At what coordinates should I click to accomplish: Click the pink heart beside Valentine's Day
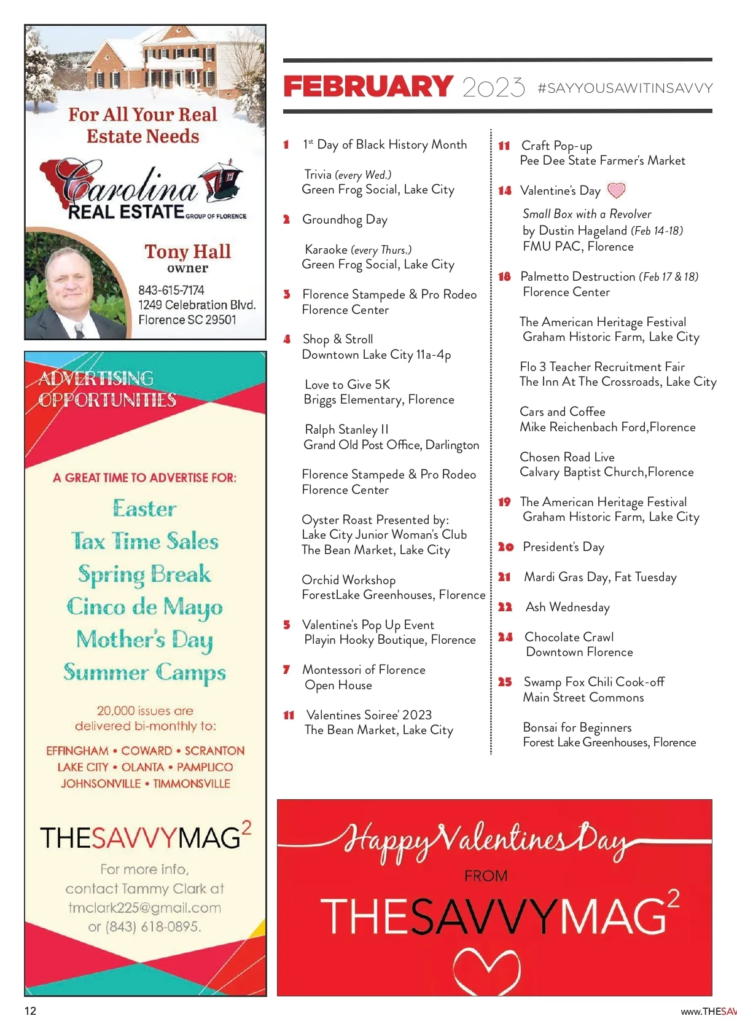616,190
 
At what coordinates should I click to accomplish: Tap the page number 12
31,1011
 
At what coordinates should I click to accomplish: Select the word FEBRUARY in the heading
368,87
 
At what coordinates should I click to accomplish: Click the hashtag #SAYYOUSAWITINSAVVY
625,88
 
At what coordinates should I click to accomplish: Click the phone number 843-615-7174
171,290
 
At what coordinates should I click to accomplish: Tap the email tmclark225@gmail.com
144,907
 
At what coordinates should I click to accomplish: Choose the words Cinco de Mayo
144,607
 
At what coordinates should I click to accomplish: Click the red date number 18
504,277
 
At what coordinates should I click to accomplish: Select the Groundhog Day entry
345,220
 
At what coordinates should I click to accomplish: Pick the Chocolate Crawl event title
569,637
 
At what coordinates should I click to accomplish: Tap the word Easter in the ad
144,509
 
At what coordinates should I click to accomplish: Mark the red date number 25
505,682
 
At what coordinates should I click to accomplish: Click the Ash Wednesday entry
567,607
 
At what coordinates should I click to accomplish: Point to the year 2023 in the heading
493,88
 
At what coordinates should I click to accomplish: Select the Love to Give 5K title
347,385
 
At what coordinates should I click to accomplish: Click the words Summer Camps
144,672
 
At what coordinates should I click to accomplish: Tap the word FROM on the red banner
486,875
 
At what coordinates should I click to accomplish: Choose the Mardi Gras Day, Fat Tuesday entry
600,577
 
